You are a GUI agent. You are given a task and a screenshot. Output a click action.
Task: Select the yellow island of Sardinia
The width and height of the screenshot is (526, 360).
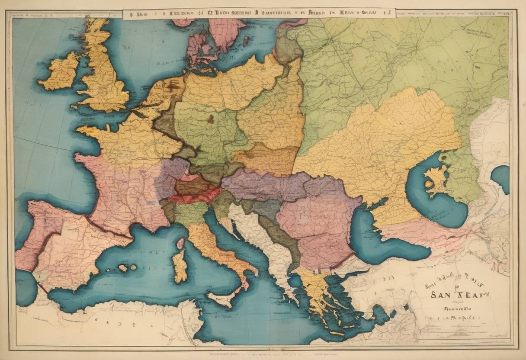[180, 266]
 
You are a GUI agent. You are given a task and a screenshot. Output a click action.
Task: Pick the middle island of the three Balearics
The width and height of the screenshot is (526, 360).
[123, 268]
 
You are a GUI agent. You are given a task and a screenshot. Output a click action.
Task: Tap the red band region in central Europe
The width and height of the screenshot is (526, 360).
[195, 197]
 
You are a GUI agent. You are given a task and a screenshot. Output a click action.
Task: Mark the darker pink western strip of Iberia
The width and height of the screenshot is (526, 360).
[32, 242]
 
